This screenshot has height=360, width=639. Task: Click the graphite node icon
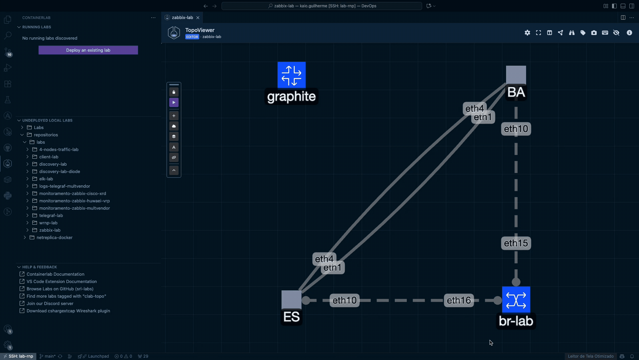292,75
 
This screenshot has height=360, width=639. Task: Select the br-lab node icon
516,300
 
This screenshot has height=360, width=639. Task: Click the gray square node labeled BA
516,75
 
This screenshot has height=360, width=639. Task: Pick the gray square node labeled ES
292,300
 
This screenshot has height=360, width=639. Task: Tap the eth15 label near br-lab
516,243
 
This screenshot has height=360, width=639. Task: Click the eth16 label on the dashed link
459,300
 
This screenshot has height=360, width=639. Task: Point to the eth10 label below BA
516,129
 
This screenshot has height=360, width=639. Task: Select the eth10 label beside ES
344,300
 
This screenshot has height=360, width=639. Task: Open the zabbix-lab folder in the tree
50,230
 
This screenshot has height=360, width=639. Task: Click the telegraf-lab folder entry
51,216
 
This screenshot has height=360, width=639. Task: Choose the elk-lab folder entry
46,179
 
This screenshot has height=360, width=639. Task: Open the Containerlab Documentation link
55,274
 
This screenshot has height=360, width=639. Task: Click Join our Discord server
50,304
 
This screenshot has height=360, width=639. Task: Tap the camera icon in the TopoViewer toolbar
594,33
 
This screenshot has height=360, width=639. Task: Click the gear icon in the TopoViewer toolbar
527,33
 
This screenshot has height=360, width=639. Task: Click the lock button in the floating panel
174,92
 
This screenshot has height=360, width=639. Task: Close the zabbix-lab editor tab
198,18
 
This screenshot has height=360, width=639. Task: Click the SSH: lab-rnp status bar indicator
18,356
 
